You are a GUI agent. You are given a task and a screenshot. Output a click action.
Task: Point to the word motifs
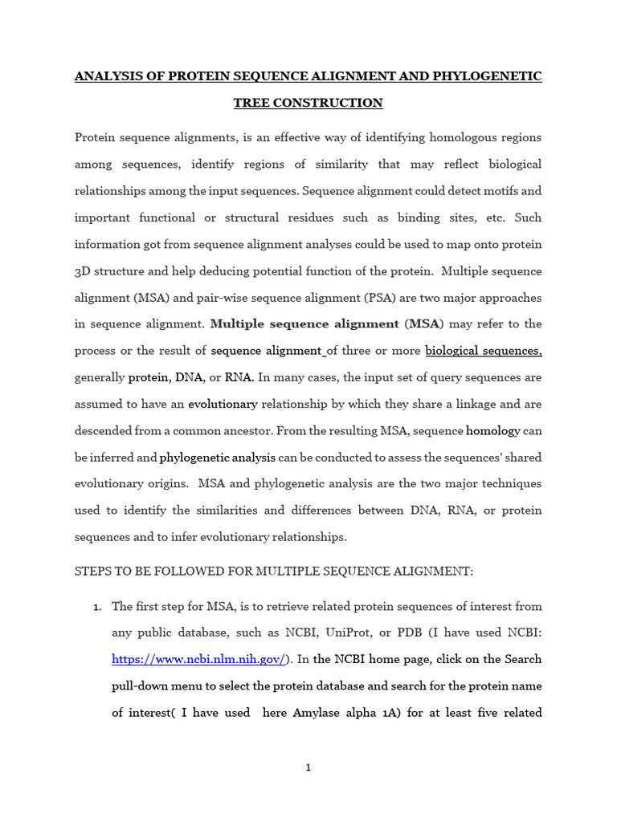tap(501, 191)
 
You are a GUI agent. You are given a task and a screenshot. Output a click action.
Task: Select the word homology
tap(493, 430)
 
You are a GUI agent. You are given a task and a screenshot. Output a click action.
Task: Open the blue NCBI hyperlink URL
tap(198, 659)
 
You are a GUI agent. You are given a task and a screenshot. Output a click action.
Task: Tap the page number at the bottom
tap(308, 768)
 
